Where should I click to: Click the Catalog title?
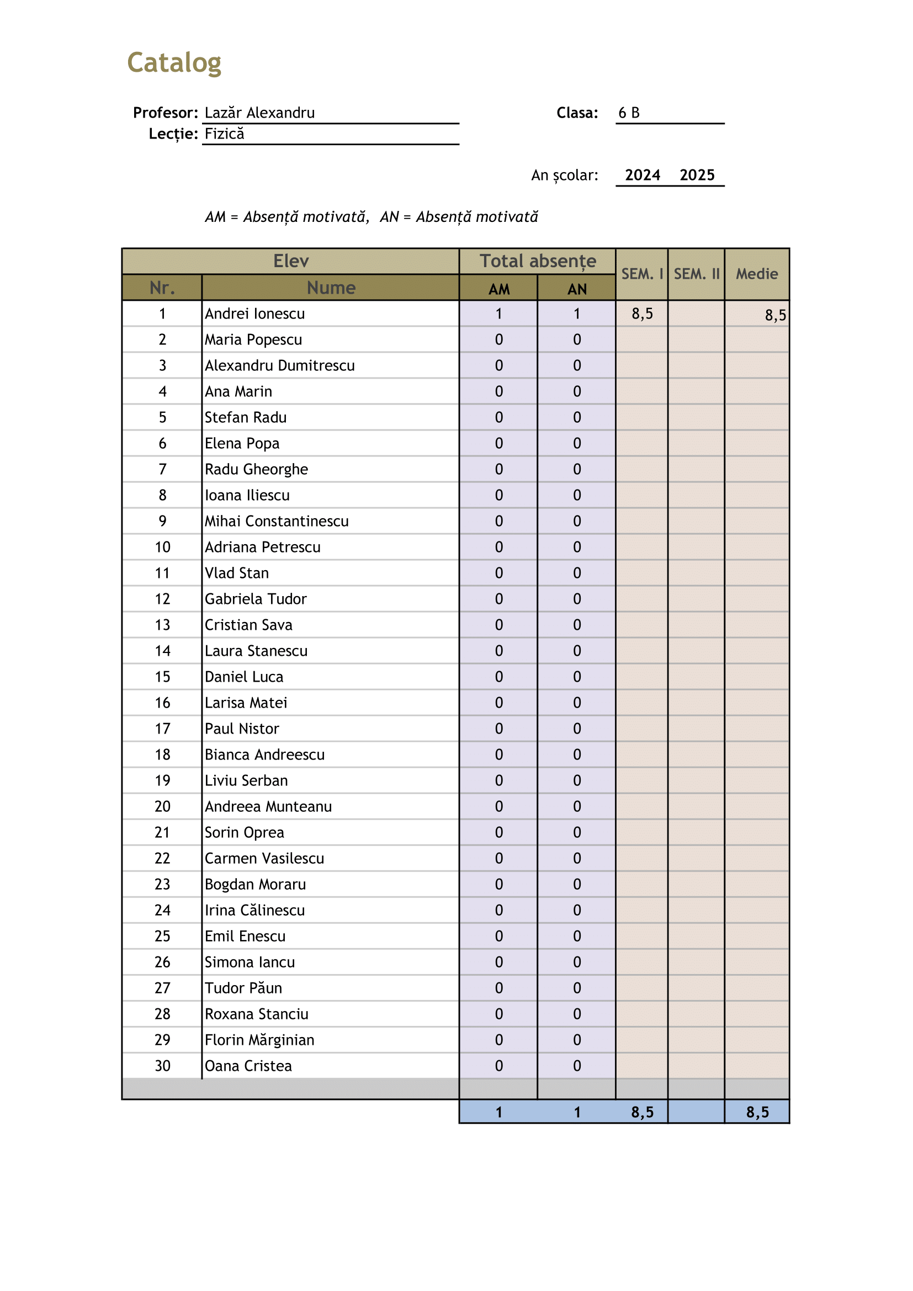click(174, 62)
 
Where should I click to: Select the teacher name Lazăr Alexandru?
click(259, 113)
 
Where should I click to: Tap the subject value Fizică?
click(224, 134)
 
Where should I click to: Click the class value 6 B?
click(629, 113)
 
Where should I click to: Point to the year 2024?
click(642, 176)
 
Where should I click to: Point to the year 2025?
click(697, 176)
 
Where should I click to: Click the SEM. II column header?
click(696, 274)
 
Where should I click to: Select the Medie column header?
click(757, 274)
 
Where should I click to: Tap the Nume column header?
click(331, 288)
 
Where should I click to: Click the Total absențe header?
click(538, 262)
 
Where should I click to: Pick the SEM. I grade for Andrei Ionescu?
click(642, 314)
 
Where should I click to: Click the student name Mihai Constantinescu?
click(276, 521)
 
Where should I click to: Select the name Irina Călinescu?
click(254, 910)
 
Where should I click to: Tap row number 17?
click(162, 729)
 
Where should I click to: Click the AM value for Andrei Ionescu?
click(498, 314)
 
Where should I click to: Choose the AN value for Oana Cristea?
click(577, 1066)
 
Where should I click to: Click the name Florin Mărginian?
click(259, 1040)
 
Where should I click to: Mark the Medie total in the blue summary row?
click(757, 1112)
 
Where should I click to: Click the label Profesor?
click(165, 113)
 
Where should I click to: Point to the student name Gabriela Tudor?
click(255, 599)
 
